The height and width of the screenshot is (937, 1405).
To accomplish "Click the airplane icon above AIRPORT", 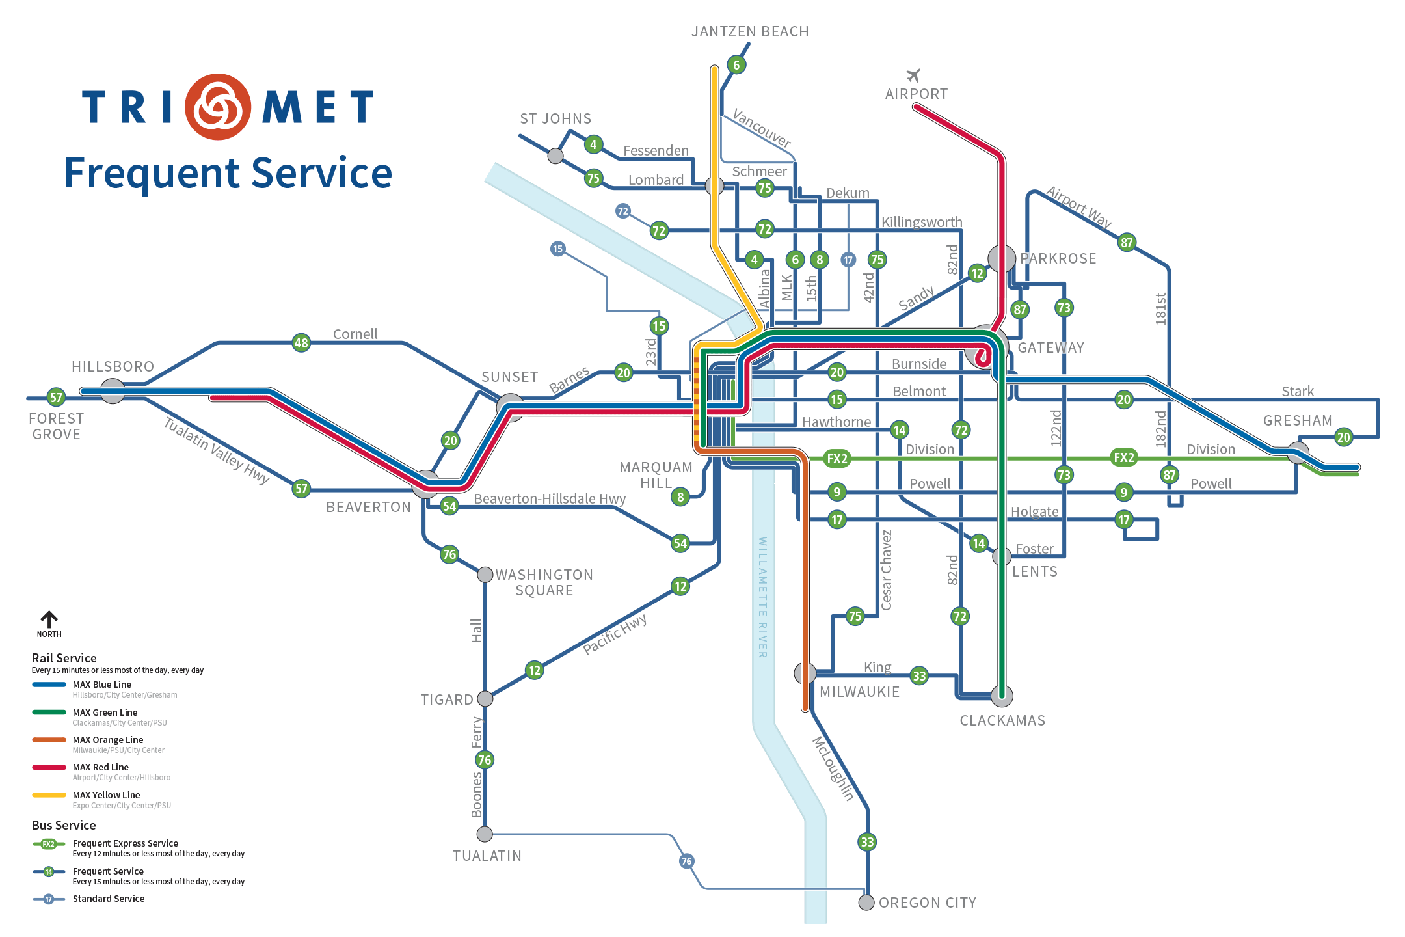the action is [x=913, y=75].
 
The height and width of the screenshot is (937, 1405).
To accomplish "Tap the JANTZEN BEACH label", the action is [x=750, y=32].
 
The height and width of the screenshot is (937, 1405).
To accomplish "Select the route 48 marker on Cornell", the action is [x=301, y=343].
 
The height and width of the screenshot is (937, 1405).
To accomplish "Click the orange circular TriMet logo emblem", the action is [x=218, y=107].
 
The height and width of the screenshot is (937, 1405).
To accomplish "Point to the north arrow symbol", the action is [x=49, y=619].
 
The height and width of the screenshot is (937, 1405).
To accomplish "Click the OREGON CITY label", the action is [x=928, y=903].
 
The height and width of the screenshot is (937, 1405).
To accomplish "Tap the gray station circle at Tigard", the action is [x=485, y=699].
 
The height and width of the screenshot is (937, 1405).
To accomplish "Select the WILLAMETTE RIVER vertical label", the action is [x=762, y=597].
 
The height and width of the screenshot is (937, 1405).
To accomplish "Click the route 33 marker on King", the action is [x=919, y=676].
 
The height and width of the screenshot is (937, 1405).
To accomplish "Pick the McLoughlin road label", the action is [x=833, y=768].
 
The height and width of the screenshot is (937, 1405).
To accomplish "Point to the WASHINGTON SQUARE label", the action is [x=544, y=582].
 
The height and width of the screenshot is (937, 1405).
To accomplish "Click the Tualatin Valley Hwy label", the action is [x=216, y=451].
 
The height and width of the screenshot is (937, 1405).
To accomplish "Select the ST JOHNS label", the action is [x=555, y=118].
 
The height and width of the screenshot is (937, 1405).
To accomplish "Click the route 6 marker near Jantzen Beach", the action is [x=736, y=65].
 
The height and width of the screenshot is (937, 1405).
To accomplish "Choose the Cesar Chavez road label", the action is [x=886, y=570].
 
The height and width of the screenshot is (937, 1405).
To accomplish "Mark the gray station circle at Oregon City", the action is [x=866, y=903].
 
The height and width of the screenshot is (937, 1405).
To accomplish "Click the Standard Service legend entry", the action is [x=89, y=899].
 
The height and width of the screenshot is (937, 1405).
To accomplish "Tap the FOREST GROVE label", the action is [x=57, y=426].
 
